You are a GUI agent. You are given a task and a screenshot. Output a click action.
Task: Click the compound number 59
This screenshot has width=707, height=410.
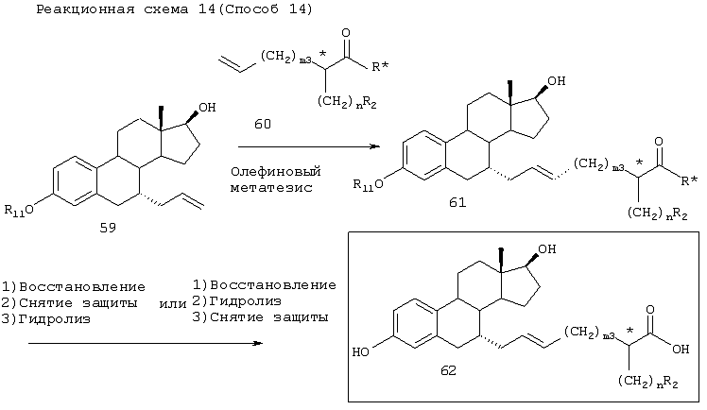tap(108, 228)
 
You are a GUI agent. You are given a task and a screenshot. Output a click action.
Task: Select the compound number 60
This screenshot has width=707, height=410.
tap(263, 124)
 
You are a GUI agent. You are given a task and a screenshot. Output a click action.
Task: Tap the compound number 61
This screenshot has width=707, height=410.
tap(457, 203)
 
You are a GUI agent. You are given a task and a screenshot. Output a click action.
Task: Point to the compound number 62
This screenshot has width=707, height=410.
tap(448, 371)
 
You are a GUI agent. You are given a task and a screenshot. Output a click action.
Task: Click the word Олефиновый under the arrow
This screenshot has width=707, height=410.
tap(275, 172)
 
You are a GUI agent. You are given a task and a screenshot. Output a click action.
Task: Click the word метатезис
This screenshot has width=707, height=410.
tap(271, 187)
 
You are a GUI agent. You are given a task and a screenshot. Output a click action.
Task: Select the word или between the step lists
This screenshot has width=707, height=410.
tap(173, 304)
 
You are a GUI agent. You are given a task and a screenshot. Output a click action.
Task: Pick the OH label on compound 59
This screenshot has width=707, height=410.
tap(207, 108)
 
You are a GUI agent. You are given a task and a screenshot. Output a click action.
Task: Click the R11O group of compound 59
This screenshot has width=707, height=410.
tap(19, 210)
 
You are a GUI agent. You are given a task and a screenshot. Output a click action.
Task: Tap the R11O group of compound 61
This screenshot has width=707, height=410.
tap(368, 184)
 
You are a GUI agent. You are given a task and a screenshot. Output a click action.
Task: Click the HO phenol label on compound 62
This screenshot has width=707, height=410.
tap(360, 351)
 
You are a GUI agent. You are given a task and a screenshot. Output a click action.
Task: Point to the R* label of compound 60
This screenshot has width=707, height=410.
tap(380, 67)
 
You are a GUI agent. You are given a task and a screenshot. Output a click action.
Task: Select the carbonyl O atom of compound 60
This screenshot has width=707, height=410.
tap(346, 33)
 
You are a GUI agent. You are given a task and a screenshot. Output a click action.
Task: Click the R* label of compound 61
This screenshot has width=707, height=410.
tap(689, 181)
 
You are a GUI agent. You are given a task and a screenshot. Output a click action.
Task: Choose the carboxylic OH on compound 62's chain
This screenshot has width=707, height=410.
tap(681, 349)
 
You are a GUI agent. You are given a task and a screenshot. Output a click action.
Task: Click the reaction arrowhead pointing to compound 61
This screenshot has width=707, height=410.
tap(375, 146)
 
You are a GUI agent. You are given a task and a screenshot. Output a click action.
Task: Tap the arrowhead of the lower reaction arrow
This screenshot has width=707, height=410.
tap(257, 343)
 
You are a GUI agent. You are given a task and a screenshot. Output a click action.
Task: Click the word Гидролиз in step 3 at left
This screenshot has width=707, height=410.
tap(55, 319)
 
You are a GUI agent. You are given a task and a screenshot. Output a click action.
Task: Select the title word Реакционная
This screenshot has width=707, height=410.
tap(85, 9)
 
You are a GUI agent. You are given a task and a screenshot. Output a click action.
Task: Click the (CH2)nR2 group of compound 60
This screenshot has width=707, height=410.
tap(347, 103)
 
